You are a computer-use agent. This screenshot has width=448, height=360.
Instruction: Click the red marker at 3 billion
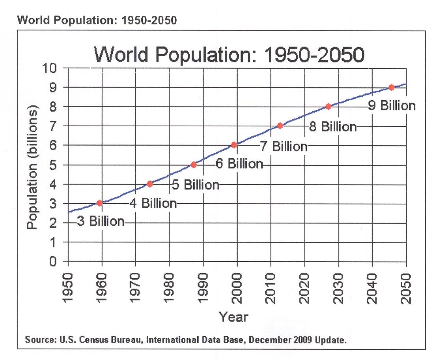[100, 203]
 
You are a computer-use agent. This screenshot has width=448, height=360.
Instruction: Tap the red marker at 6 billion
[234, 145]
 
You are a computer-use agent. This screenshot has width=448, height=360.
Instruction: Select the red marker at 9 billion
[391, 87]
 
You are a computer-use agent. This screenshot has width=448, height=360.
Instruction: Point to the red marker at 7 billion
[280, 126]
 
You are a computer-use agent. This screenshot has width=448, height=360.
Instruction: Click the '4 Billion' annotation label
[153, 203]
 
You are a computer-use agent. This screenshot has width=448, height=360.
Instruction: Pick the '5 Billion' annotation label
[196, 184]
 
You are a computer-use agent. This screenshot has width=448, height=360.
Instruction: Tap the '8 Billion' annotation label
[333, 127]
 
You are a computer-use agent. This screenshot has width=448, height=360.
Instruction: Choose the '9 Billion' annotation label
[392, 106]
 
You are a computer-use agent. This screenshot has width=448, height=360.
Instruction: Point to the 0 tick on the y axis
[57, 261]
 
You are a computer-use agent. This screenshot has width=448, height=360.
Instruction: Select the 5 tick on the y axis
[57, 165]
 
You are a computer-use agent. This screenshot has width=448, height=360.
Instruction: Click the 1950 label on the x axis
[68, 287]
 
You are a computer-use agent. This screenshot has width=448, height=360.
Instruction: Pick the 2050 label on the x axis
[406, 287]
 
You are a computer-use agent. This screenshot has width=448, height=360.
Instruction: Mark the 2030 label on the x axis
[338, 287]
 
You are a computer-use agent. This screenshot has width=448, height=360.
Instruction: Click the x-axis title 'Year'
[234, 317]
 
